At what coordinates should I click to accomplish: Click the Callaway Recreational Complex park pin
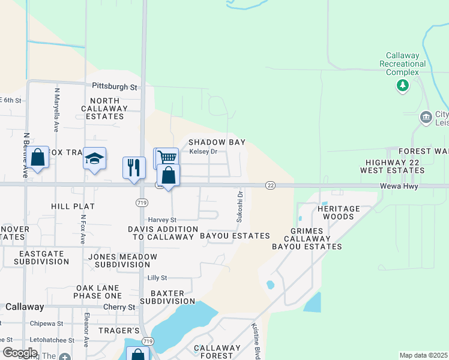(x=403, y=86)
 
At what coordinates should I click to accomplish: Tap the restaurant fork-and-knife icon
(x=134, y=166)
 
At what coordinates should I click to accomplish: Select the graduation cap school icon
(x=95, y=158)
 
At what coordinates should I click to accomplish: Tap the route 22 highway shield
(x=271, y=186)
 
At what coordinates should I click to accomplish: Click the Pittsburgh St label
(x=115, y=87)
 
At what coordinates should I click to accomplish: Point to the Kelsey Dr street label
(x=203, y=152)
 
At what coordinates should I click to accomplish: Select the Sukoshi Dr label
(x=239, y=207)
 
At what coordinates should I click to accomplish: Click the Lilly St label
(x=157, y=278)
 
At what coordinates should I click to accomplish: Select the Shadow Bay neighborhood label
(x=217, y=142)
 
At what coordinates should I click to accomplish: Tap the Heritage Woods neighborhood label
(x=342, y=212)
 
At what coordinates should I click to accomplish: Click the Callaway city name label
(x=25, y=307)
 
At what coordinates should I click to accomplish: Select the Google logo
(x=20, y=353)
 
